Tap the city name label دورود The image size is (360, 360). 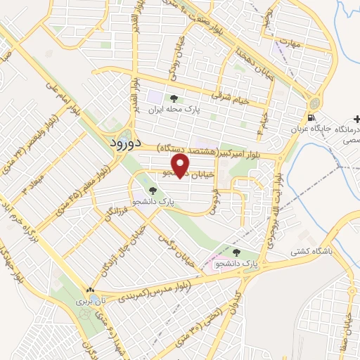click(x=127, y=143)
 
